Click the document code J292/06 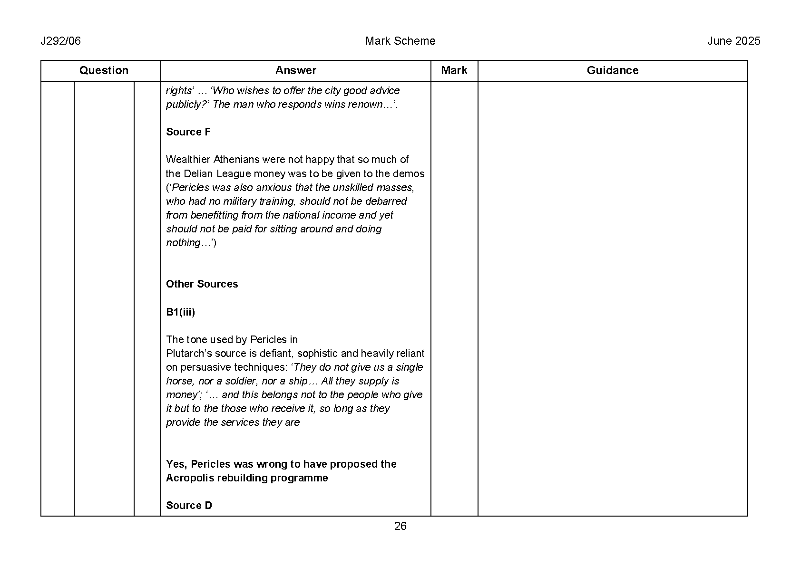(x=60, y=41)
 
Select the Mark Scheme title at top (x=400, y=41)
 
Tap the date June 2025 (x=733, y=41)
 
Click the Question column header (x=104, y=70)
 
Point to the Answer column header (x=295, y=70)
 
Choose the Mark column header (x=454, y=70)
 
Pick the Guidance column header (x=612, y=70)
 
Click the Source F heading (x=188, y=132)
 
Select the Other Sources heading (x=202, y=284)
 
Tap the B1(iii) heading (x=180, y=312)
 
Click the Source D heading (x=189, y=505)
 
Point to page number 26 (x=400, y=526)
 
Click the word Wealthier (x=188, y=160)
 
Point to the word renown (x=366, y=105)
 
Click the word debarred (x=385, y=201)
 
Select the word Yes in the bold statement (x=175, y=464)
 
